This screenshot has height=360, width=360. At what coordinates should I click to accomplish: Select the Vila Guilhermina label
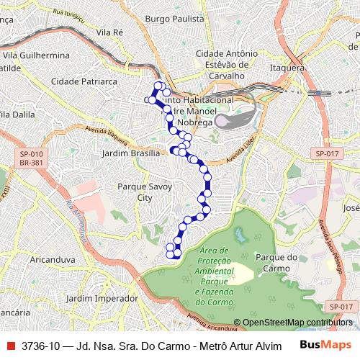pyautogui.click(x=36, y=55)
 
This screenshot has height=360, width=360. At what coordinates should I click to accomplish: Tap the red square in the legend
pyautogui.click(x=11, y=346)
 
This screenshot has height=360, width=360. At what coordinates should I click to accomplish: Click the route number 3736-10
pyautogui.click(x=40, y=346)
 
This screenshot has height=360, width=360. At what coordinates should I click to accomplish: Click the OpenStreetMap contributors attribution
pyautogui.click(x=297, y=323)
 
